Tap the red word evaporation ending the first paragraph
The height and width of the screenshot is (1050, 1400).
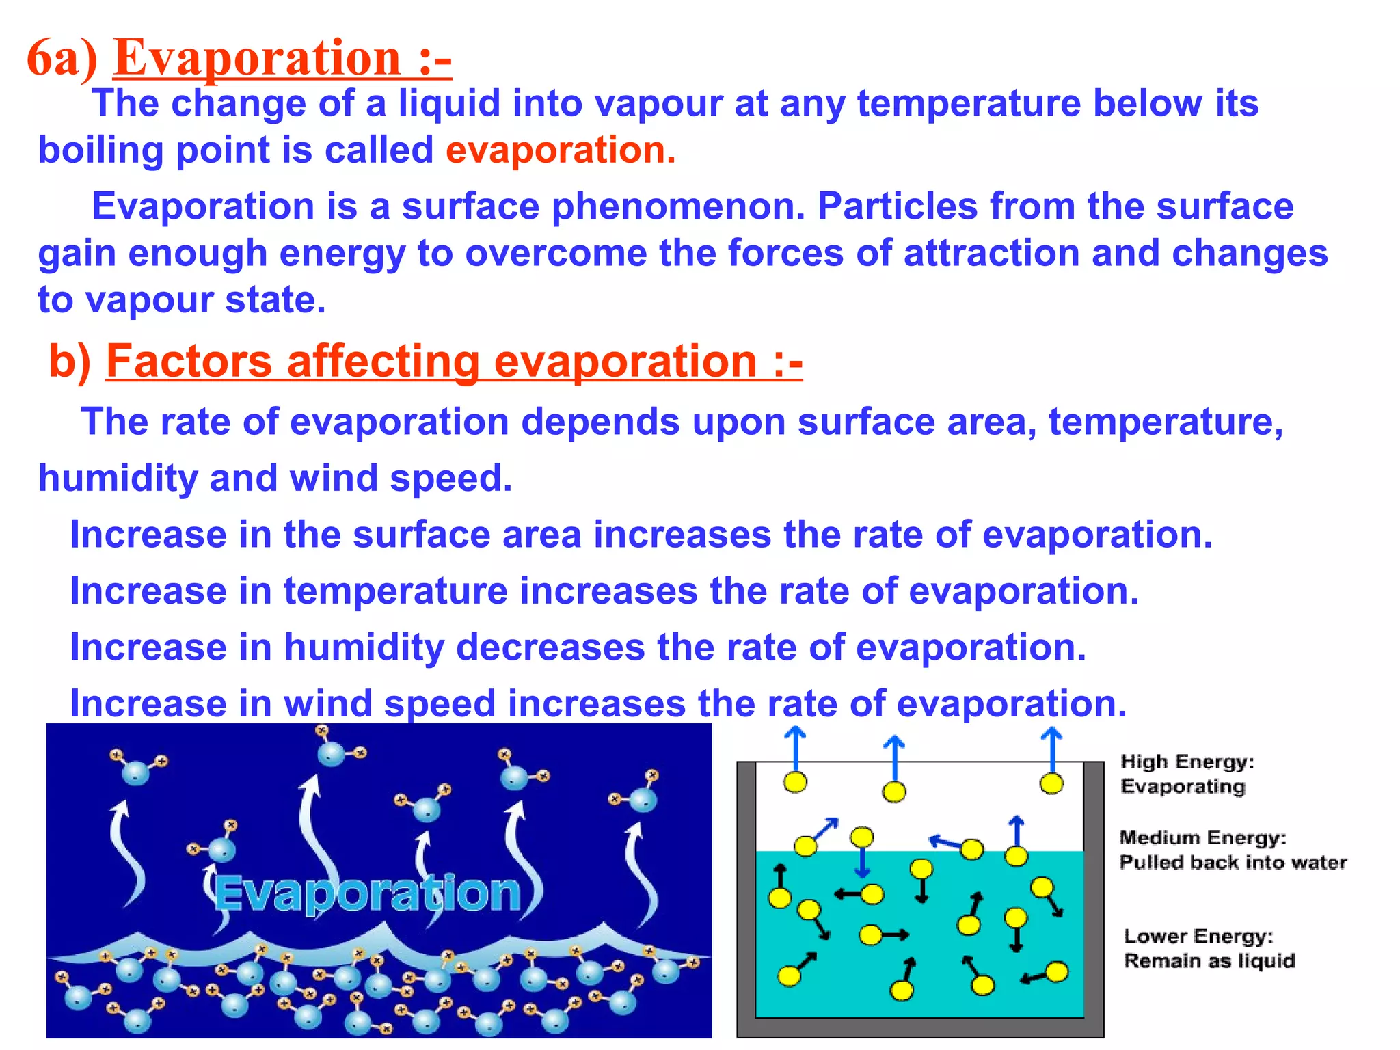click(558, 150)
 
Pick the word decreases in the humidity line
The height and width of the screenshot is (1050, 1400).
click(550, 647)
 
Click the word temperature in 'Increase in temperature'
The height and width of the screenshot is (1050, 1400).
click(395, 591)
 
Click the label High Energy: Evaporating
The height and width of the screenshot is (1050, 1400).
click(1186, 774)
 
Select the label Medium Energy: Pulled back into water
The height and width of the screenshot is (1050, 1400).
click(1232, 850)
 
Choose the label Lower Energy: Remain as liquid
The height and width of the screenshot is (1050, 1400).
click(1209, 948)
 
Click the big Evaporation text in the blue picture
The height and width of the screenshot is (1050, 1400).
click(368, 893)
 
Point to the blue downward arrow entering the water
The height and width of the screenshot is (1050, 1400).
click(862, 863)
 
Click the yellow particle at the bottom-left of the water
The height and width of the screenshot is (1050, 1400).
click(789, 975)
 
